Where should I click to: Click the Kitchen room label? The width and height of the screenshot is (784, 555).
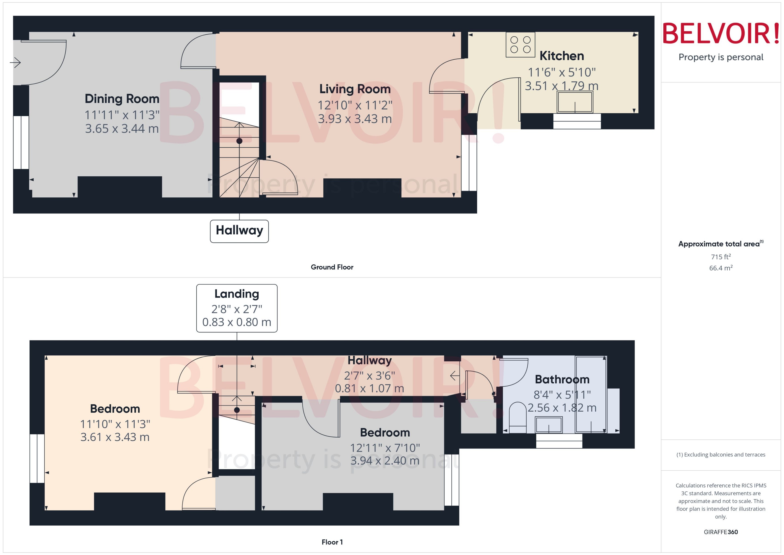[x=561, y=56]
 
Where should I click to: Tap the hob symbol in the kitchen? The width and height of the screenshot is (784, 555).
[x=520, y=44]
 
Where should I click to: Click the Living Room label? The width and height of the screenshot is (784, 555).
[x=355, y=89]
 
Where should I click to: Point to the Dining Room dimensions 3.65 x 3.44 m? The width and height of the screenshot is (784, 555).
[x=122, y=128]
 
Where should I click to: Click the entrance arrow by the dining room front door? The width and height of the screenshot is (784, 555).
[x=15, y=63]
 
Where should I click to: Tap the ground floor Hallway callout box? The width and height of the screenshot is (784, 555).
[x=239, y=231]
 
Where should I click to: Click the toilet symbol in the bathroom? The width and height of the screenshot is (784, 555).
[x=517, y=417]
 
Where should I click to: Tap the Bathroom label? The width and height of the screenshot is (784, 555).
[x=562, y=379]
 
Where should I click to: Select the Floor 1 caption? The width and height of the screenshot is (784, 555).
[x=332, y=542]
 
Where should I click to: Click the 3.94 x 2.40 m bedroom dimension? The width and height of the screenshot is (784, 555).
[x=385, y=461]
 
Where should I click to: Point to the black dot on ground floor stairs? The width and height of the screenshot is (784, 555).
[x=239, y=141]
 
